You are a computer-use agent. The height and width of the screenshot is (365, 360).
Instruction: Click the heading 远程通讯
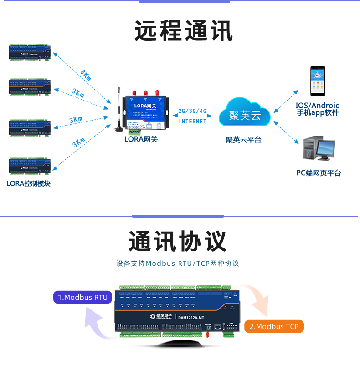pyautogui.click(x=184, y=31)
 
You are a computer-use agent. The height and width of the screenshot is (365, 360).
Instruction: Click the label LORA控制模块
pyautogui.click(x=28, y=184)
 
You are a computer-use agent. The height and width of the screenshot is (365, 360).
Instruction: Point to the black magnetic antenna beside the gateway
pyautogui.click(x=118, y=112)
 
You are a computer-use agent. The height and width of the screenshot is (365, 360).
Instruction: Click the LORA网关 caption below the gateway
pyautogui.click(x=141, y=139)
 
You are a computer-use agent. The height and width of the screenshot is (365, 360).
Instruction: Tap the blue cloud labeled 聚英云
pyautogui.click(x=245, y=114)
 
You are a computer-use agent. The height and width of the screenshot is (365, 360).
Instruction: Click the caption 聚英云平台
pyautogui.click(x=243, y=140)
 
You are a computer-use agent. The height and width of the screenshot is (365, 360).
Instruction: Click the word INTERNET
pyautogui.click(x=192, y=122)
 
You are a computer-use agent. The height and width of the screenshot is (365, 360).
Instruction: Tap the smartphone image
pyautogui.click(x=318, y=81)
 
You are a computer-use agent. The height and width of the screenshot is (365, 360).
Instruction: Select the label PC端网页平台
pyautogui.click(x=319, y=173)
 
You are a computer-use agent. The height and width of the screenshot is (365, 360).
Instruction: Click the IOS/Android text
pyautogui.click(x=318, y=106)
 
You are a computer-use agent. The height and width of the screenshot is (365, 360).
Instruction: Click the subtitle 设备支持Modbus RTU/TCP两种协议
pyautogui.click(x=177, y=264)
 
